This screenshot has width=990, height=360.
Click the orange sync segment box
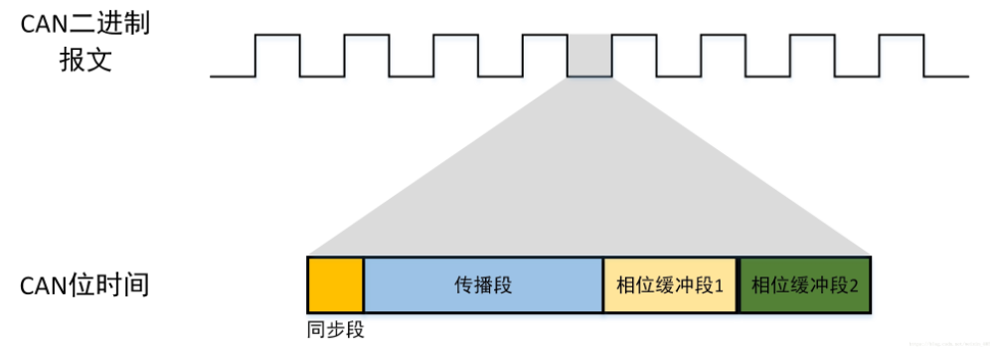tap(336, 285)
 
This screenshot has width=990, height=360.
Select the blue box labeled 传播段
tap(483, 285)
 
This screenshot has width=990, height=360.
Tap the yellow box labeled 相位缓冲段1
tap(671, 285)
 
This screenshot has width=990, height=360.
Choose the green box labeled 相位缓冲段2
tap(805, 285)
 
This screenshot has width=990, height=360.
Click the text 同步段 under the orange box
tap(336, 328)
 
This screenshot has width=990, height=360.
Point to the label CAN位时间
tap(84, 285)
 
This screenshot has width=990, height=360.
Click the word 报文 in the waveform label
tap(84, 60)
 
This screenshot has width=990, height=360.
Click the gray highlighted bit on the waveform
tap(588, 56)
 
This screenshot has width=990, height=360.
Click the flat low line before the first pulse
tap(233, 76)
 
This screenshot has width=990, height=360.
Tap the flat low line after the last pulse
tap(944, 76)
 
